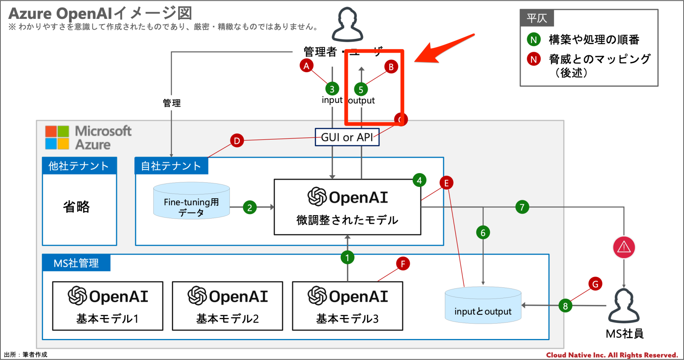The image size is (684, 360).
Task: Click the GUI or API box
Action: pos(347,137)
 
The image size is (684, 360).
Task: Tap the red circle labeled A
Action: pos(306,66)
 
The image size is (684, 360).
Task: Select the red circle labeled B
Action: pos(391,67)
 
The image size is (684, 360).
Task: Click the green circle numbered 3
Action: pos(332,89)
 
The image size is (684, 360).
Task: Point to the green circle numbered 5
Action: pos(361,89)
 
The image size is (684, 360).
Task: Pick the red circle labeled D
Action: pos(237,141)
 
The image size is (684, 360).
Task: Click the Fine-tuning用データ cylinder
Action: pos(191,201)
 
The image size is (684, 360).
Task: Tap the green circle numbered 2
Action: pos(250,207)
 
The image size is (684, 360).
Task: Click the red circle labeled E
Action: pos(446,183)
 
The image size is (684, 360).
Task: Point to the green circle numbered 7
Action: pos(522,207)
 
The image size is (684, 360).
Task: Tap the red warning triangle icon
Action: pos(624,247)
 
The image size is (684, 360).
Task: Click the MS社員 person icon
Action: pos(624,306)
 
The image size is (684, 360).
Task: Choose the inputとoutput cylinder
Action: pos(483,306)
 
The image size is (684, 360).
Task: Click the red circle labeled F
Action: pos(403,264)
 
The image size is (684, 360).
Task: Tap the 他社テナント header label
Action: pos(79,166)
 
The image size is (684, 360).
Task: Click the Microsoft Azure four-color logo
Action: pos(57,137)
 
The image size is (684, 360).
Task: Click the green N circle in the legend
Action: pos(533,40)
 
